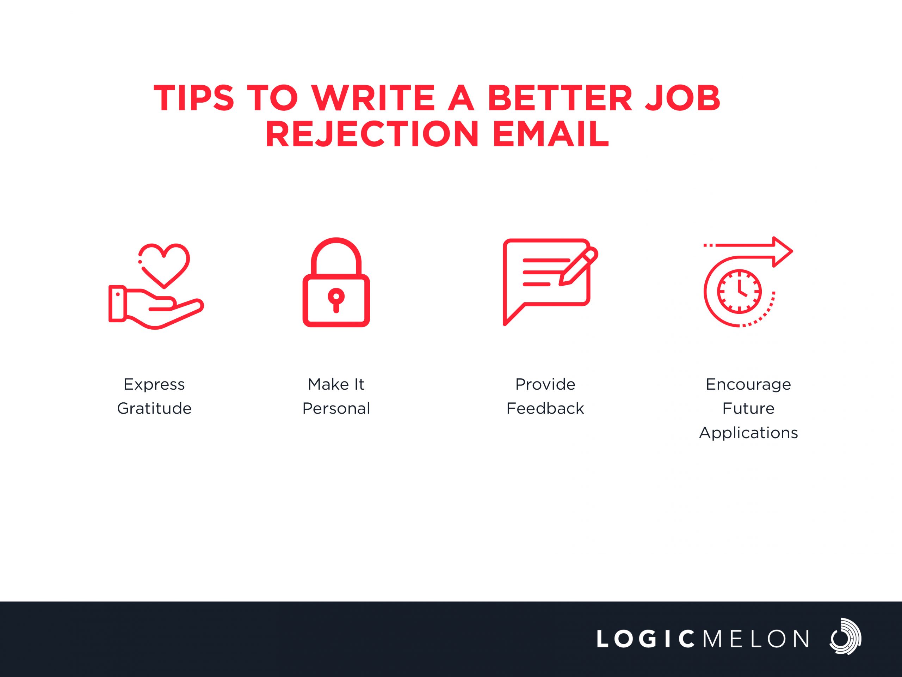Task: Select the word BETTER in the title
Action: click(560, 98)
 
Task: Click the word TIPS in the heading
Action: click(194, 98)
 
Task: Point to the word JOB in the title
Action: click(682, 98)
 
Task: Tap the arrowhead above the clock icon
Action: click(783, 252)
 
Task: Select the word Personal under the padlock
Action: click(336, 408)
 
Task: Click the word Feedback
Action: click(545, 408)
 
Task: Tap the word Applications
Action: click(748, 433)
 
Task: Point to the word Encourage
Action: click(748, 385)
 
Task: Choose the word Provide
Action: click(545, 384)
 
